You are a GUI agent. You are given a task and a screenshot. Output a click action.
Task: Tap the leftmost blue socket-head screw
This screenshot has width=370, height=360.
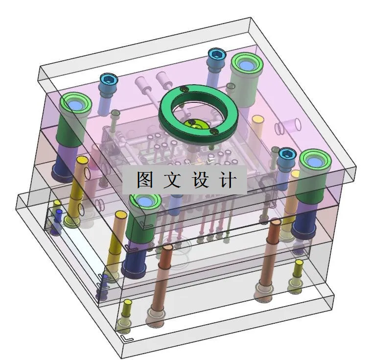(109, 79)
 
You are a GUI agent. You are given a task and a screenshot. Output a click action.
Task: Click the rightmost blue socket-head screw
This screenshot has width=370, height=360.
(286, 154)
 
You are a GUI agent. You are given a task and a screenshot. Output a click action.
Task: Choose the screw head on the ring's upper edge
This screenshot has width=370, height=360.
(184, 89)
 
